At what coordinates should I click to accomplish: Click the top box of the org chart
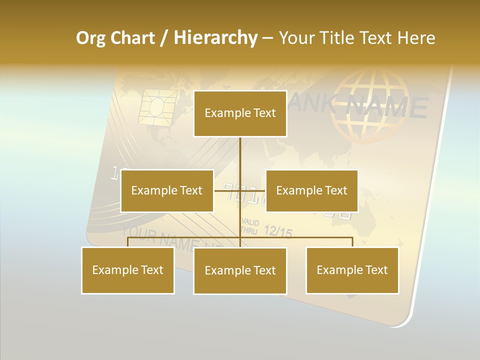pyautogui.click(x=240, y=113)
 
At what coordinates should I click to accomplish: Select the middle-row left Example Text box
pyautogui.click(x=167, y=190)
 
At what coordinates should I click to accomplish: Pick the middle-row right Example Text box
pyautogui.click(x=311, y=190)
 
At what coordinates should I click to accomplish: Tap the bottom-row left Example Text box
pyautogui.click(x=128, y=270)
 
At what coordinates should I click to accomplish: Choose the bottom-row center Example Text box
pyautogui.click(x=240, y=270)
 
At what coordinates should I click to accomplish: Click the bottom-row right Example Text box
pyautogui.click(x=352, y=270)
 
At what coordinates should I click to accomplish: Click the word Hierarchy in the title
pyautogui.click(x=215, y=38)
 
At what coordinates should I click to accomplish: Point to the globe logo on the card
pyautogui.click(x=370, y=105)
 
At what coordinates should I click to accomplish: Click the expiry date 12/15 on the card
pyautogui.click(x=277, y=231)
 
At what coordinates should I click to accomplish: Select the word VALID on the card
pyautogui.click(x=249, y=222)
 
